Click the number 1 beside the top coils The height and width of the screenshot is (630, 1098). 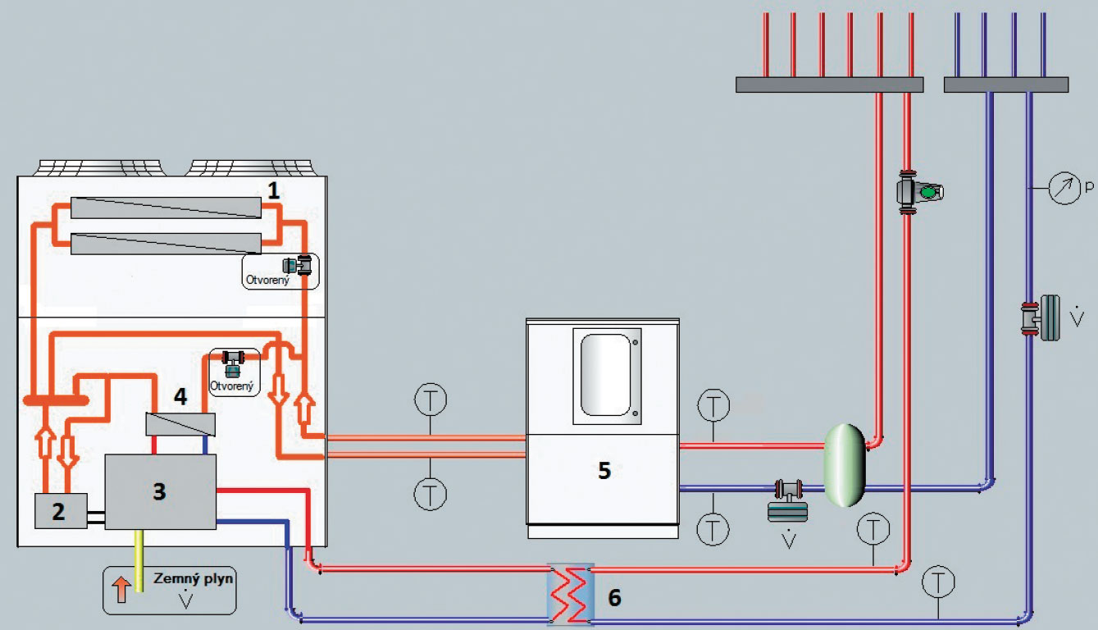click(273, 190)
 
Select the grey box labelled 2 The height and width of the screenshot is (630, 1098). click(59, 512)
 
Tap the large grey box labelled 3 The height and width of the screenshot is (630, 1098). click(160, 491)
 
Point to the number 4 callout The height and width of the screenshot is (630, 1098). click(180, 397)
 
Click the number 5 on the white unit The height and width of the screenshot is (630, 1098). click(604, 471)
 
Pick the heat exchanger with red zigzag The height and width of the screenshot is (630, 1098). click(570, 592)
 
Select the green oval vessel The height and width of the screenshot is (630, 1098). click(845, 465)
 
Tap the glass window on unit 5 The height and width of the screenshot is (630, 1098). click(607, 373)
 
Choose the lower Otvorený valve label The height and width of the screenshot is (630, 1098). click(232, 386)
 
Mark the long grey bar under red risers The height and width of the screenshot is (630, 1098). click(829, 84)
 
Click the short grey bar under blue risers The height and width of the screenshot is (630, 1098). click(1006, 84)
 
